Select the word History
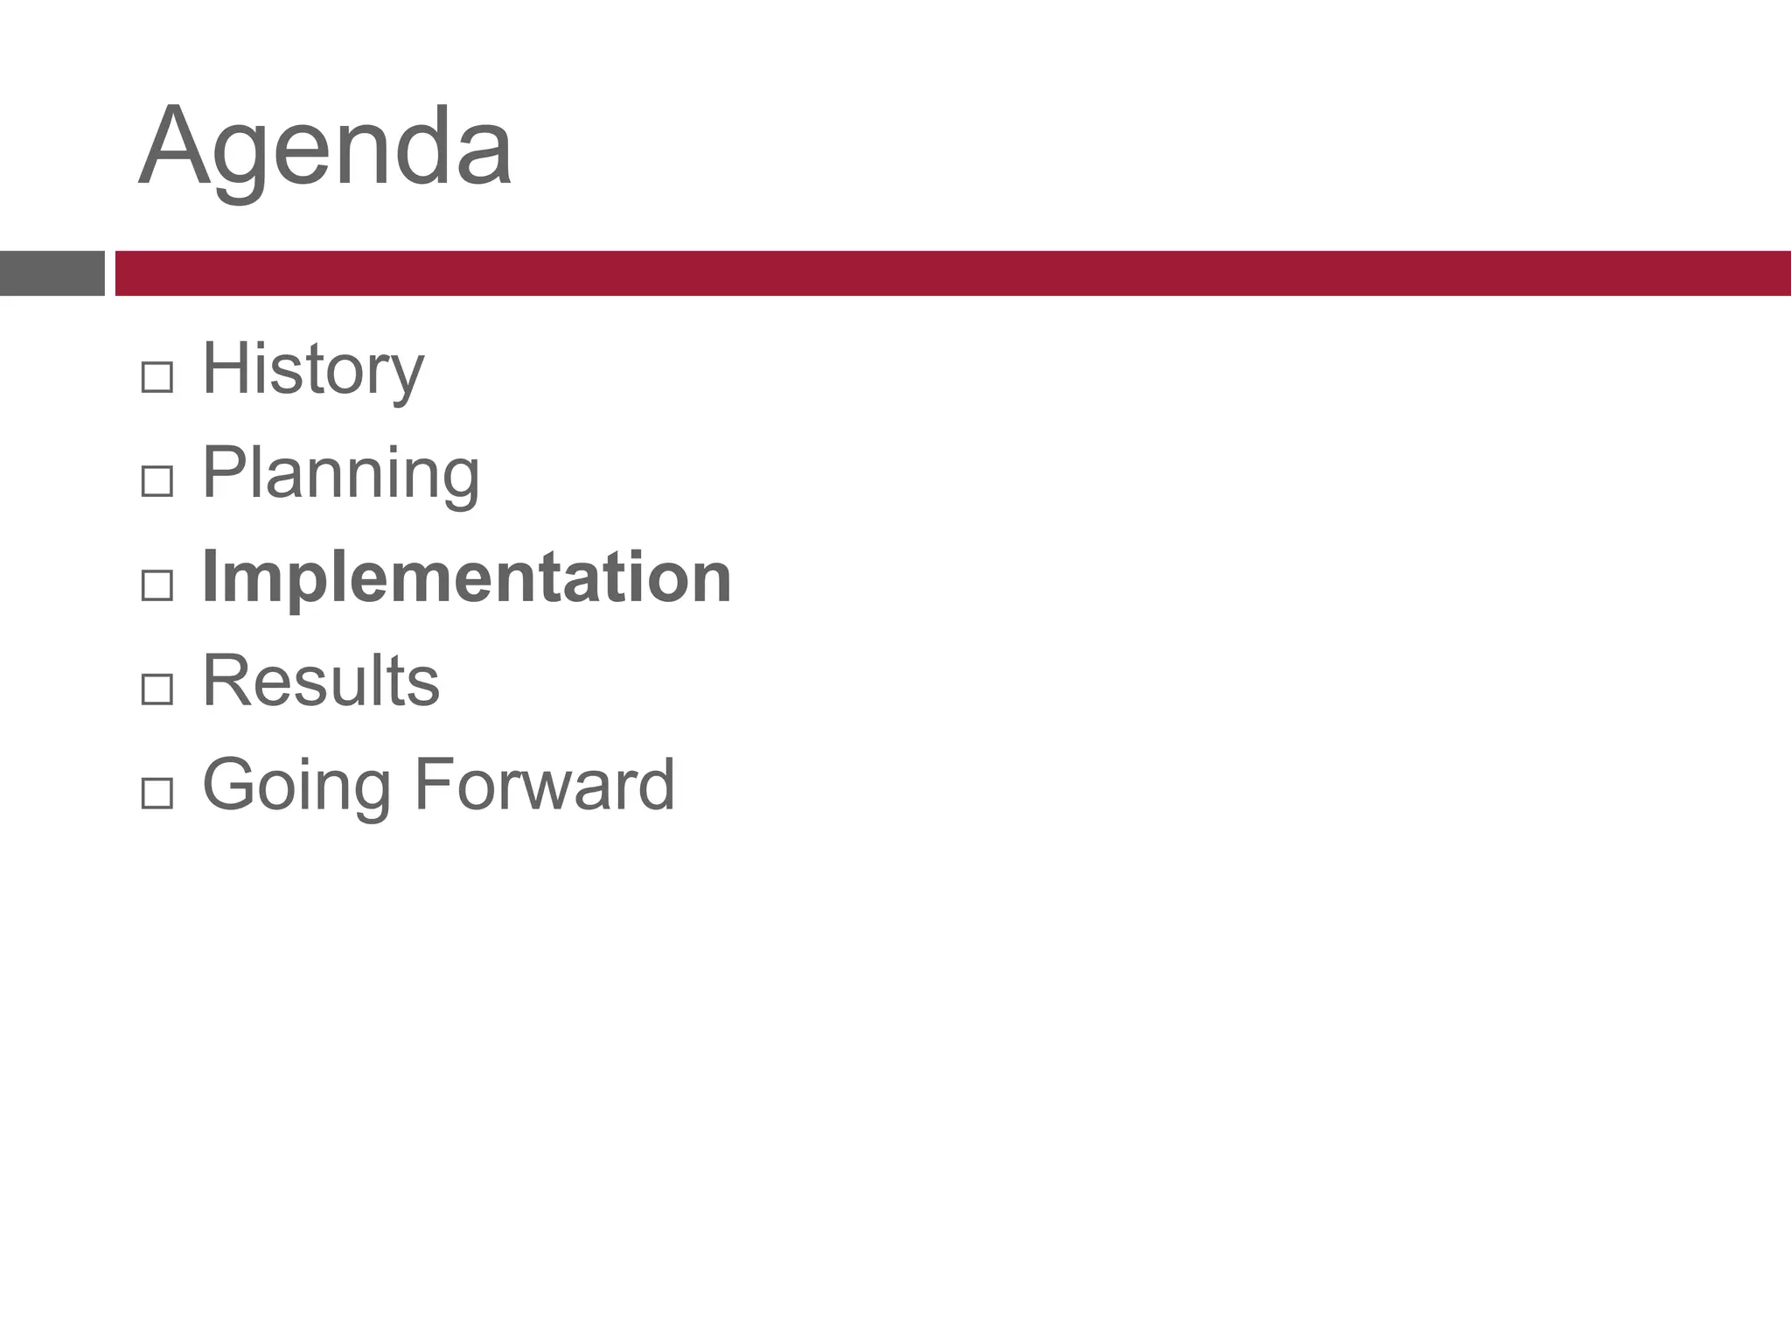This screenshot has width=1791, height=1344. [x=313, y=369]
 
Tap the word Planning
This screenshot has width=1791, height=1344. [x=341, y=472]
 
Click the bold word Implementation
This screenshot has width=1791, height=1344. [x=466, y=577]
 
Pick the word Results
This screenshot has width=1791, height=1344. [x=321, y=681]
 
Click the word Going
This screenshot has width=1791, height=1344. [x=296, y=785]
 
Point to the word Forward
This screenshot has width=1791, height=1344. [x=544, y=785]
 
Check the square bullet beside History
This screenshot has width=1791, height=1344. [x=157, y=378]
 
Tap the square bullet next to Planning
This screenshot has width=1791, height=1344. [x=157, y=481]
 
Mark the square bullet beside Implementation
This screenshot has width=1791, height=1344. [x=157, y=585]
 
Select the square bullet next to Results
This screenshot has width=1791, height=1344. [x=157, y=689]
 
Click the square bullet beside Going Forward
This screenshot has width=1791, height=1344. [x=157, y=794]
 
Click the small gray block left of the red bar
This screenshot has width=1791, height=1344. [x=52, y=273]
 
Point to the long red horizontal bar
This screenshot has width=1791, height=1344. [x=953, y=273]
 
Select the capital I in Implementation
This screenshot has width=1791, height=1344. [x=209, y=577]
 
